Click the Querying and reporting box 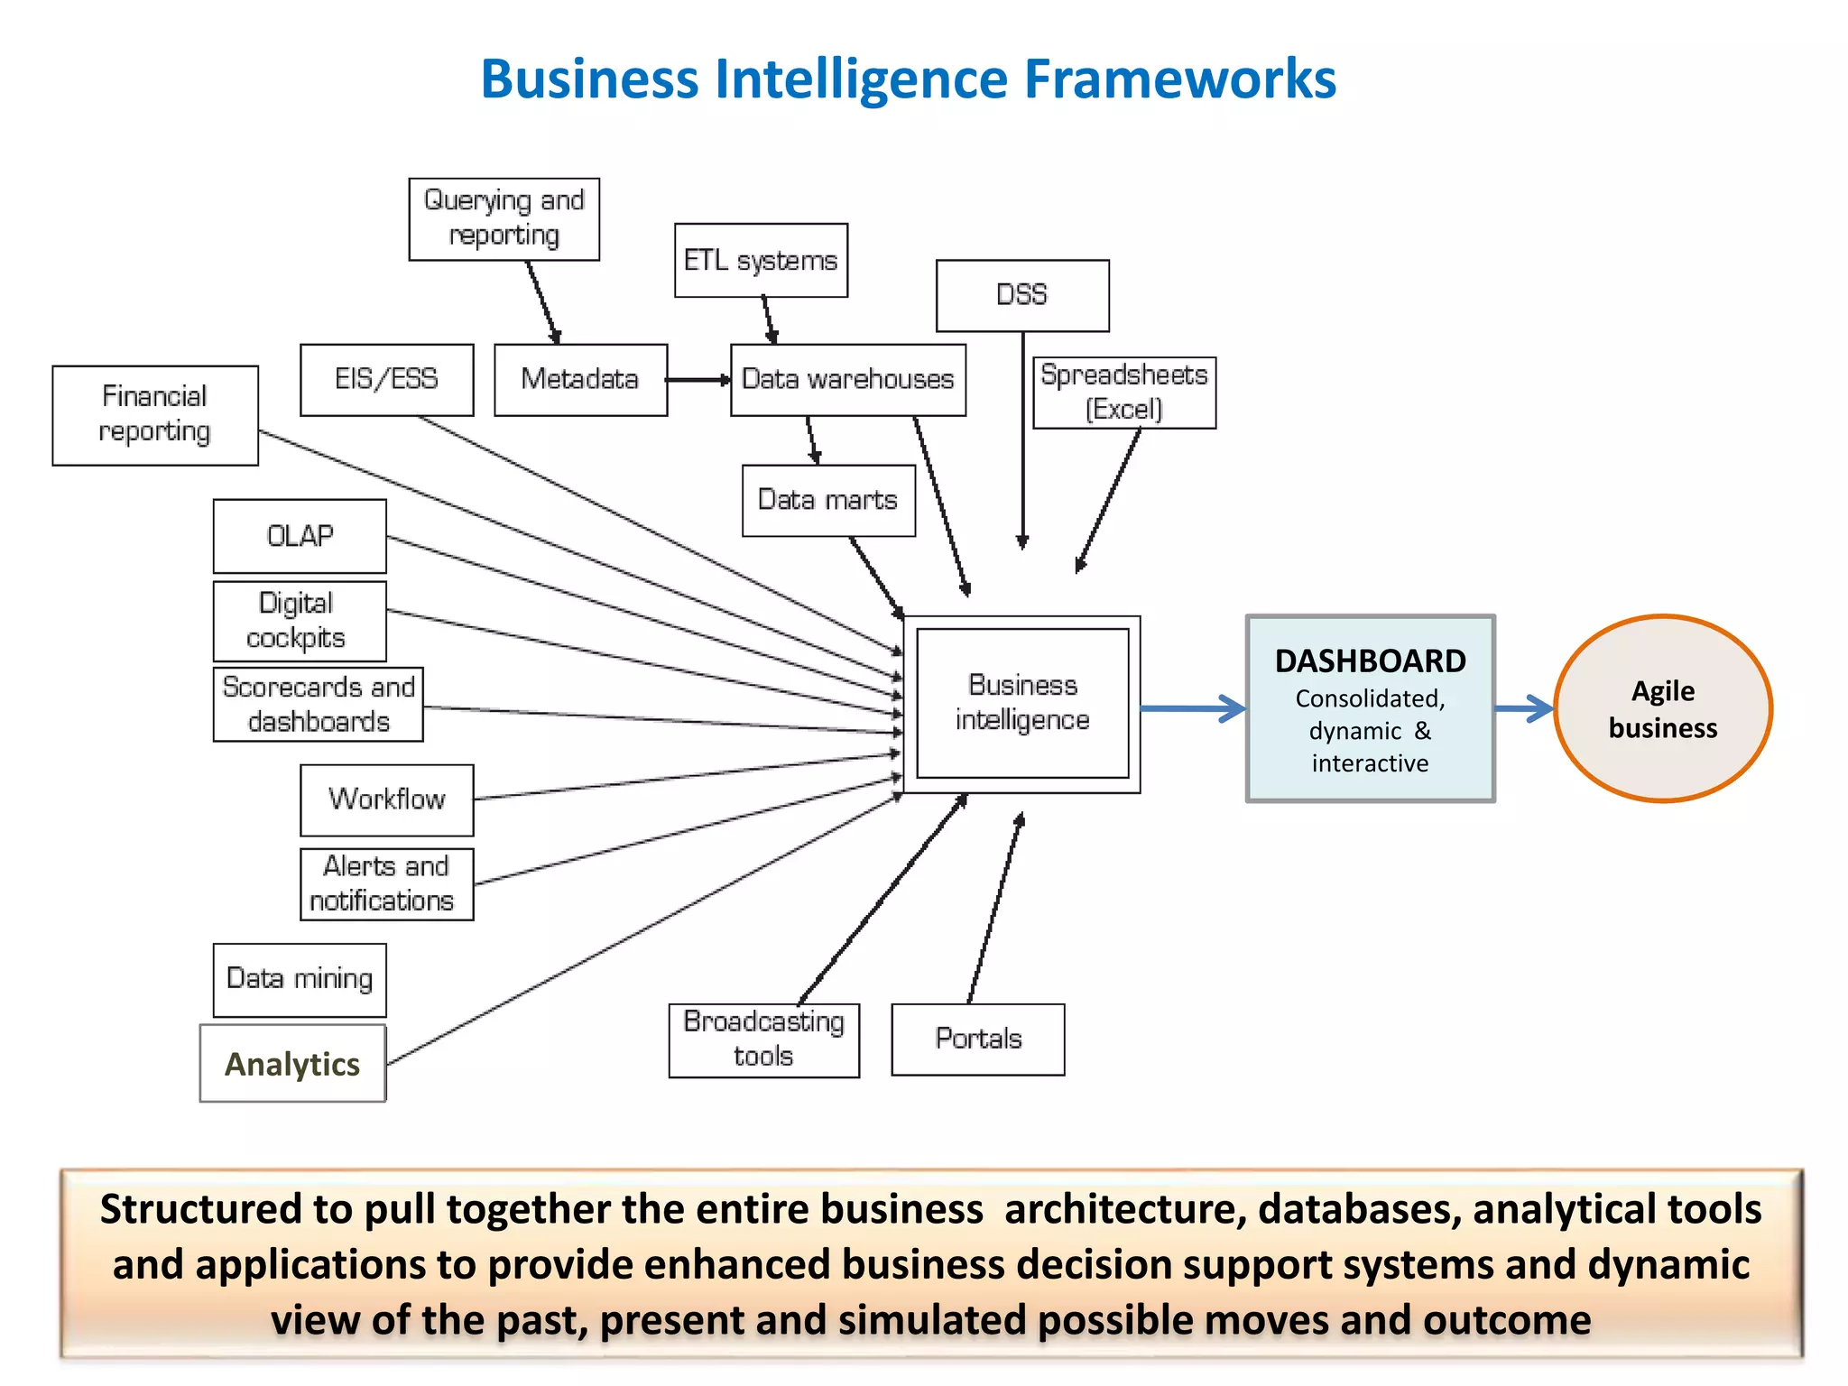504,219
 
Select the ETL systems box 761,261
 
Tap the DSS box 1022,296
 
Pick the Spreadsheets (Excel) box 1124,393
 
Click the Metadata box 580,380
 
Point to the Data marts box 828,501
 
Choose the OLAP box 300,536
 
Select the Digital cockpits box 300,621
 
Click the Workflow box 386,799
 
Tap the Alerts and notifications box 386,884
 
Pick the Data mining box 300,980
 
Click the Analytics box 292,1063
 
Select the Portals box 978,1039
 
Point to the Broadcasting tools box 763,1039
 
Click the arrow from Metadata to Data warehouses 698,380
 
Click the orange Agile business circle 1663,709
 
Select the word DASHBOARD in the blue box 1370,661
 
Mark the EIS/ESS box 386,380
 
